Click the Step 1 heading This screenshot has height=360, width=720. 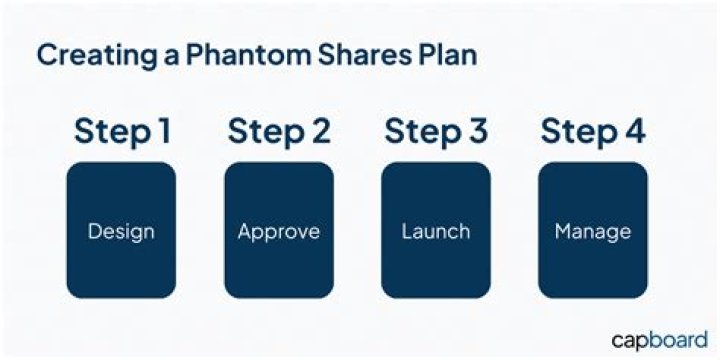121,131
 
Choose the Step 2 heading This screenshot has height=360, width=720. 278,131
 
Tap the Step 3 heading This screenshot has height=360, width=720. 436,131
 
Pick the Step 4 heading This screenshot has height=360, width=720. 593,131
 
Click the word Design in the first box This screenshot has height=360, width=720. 121,232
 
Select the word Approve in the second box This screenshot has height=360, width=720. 279,232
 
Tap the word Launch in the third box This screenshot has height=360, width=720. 436,232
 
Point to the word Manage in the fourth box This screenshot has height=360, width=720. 593,232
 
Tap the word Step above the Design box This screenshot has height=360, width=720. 107,131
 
